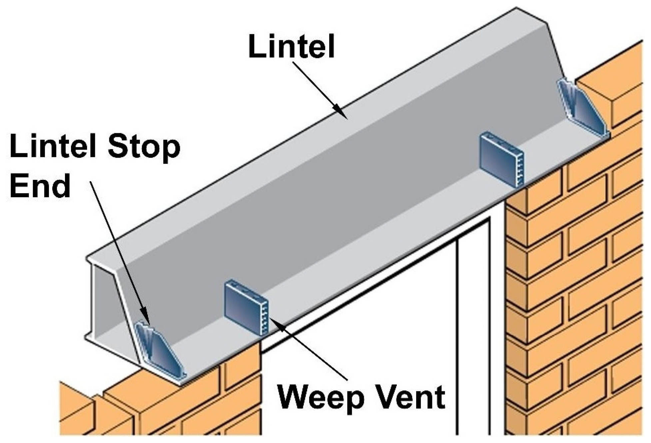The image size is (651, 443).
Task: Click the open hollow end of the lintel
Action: (103, 300)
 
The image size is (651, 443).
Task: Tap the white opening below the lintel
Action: (366, 350)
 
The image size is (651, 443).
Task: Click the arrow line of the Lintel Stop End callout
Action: (117, 246)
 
